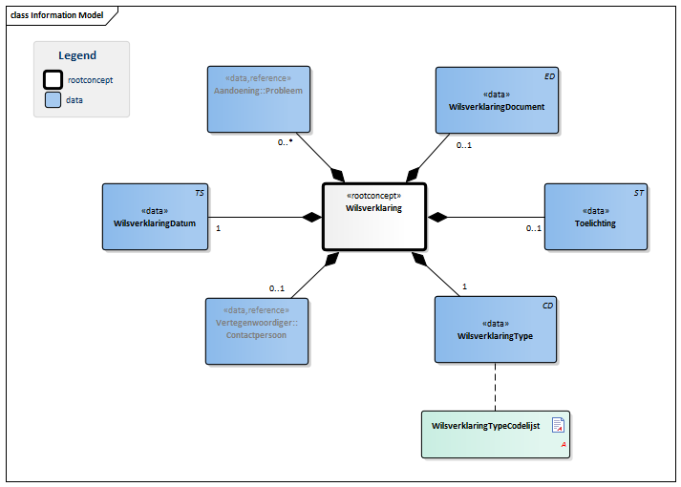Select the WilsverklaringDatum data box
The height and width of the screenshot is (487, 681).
(x=155, y=217)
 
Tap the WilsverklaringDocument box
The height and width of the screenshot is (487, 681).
(x=496, y=99)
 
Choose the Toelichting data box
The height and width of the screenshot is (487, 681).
(x=595, y=217)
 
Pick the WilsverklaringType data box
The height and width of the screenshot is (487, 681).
(x=495, y=329)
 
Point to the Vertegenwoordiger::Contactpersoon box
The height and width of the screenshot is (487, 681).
(x=257, y=329)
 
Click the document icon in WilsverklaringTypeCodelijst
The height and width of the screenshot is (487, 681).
(x=558, y=426)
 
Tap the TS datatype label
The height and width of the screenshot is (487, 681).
(x=199, y=193)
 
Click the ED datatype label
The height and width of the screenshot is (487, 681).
(x=548, y=75)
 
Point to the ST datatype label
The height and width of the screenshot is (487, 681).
(x=639, y=193)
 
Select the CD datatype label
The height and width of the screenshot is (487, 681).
(x=547, y=306)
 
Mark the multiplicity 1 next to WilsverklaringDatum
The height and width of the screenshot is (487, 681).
(x=219, y=229)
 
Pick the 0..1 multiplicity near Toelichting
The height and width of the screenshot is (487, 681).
(x=533, y=229)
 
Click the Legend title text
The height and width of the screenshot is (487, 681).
(x=77, y=55)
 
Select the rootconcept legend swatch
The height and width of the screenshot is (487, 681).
(x=53, y=80)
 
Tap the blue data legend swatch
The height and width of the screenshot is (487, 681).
(x=53, y=99)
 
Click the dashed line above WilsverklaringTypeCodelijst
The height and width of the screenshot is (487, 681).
(x=495, y=387)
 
